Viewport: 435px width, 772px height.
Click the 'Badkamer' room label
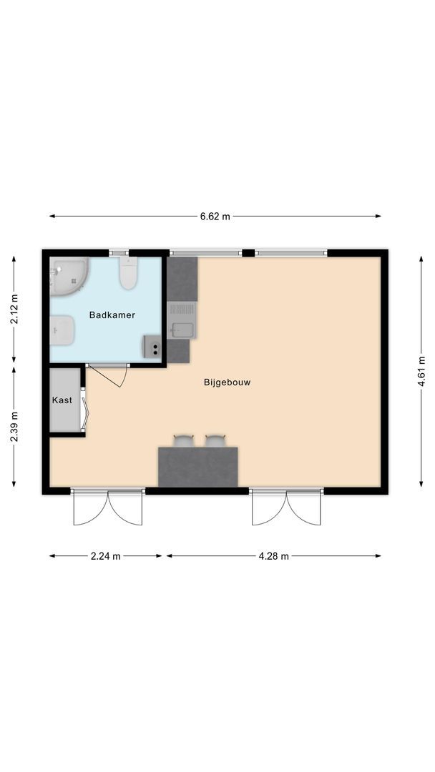tap(112, 315)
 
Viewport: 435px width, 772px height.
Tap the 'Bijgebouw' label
tap(227, 382)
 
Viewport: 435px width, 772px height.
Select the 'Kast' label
tap(62, 400)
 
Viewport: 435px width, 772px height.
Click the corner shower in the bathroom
tap(67, 277)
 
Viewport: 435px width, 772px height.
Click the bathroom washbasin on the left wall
tap(62, 330)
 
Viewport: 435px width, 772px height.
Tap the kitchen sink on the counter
tap(181, 330)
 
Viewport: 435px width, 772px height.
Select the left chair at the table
tap(184, 440)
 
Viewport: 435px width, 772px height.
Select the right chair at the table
tap(215, 440)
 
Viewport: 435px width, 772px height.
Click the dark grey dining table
tap(197, 467)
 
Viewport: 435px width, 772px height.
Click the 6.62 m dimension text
tap(215, 217)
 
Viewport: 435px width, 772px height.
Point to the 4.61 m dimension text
tap(422, 372)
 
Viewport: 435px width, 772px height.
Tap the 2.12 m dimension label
tap(14, 310)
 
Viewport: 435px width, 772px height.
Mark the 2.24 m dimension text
tap(107, 556)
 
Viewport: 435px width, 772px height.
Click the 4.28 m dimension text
tap(274, 556)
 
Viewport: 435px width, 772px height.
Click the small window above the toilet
tap(119, 252)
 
